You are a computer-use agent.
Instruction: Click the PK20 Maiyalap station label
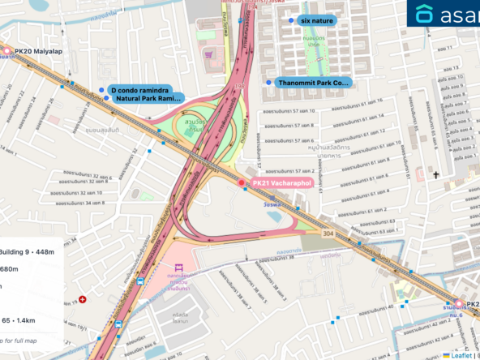[38, 51]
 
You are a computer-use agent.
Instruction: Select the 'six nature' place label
[317, 19]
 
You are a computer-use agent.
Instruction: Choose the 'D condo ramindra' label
[139, 89]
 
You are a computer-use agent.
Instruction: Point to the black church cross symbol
[435, 174]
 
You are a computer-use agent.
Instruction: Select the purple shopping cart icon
[210, 55]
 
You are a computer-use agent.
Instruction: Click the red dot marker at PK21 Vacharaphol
[241, 184]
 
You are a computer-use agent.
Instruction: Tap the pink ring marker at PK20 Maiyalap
[6, 51]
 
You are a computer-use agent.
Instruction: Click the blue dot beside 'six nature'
[290, 19]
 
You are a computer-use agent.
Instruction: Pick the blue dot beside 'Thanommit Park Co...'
[268, 82]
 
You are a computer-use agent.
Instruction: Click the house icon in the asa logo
[425, 14]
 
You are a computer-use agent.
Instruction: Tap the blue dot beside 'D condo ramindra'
[101, 89]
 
